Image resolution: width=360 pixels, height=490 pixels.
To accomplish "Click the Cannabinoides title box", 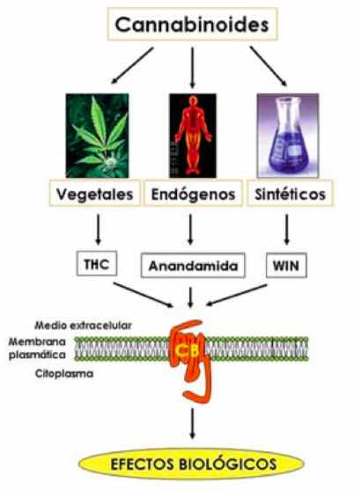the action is (193, 24).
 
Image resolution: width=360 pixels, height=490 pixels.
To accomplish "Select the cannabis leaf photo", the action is (97, 135).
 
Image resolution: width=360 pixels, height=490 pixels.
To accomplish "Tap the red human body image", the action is (193, 135).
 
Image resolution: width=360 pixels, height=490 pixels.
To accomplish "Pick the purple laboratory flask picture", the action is (288, 135).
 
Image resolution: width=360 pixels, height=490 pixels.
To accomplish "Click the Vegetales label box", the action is (94, 194).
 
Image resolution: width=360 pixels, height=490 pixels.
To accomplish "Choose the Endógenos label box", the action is (193, 194).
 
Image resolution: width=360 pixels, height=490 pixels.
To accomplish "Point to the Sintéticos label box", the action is (290, 194).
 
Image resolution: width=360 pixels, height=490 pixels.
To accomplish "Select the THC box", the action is (97, 263).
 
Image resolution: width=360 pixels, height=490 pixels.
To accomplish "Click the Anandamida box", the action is (193, 266).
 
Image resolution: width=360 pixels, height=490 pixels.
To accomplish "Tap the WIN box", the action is (286, 266).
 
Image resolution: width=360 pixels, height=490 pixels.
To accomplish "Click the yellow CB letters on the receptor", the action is (187, 351).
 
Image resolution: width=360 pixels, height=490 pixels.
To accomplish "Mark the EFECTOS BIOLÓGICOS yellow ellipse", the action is (191, 464).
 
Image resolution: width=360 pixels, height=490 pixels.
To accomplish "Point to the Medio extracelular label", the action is (83, 325).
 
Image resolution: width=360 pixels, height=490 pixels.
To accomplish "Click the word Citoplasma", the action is (64, 373).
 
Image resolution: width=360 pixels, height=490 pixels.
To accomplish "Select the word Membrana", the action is (37, 341).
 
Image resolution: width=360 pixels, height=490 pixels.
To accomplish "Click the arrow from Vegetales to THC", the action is (99, 229).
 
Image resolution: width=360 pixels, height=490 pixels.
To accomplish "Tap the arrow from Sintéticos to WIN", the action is (286, 229).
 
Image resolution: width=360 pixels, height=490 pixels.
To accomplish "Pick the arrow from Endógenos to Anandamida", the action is (190, 229).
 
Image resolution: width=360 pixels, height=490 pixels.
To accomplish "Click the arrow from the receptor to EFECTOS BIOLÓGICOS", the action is (193, 423).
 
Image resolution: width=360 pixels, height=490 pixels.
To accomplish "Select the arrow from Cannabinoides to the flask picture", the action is (268, 66).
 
